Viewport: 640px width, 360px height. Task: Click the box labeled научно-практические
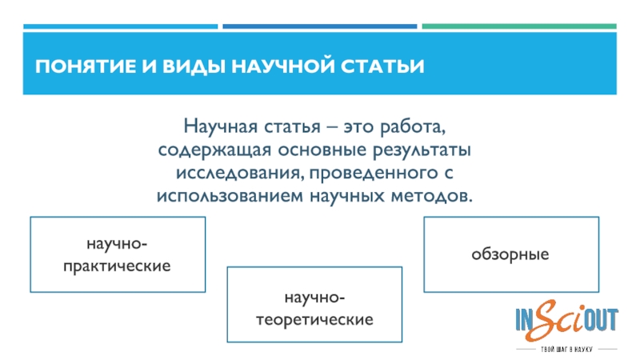point(118,253)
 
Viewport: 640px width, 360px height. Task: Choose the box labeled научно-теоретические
point(314,309)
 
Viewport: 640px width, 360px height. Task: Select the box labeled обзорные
point(510,254)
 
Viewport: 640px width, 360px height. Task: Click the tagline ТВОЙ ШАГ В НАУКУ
point(566,350)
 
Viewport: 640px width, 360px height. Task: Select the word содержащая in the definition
point(206,150)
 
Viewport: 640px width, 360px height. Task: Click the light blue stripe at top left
point(120,26)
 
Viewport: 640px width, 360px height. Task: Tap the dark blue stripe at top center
point(319,26)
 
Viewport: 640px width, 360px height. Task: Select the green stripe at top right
point(519,26)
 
